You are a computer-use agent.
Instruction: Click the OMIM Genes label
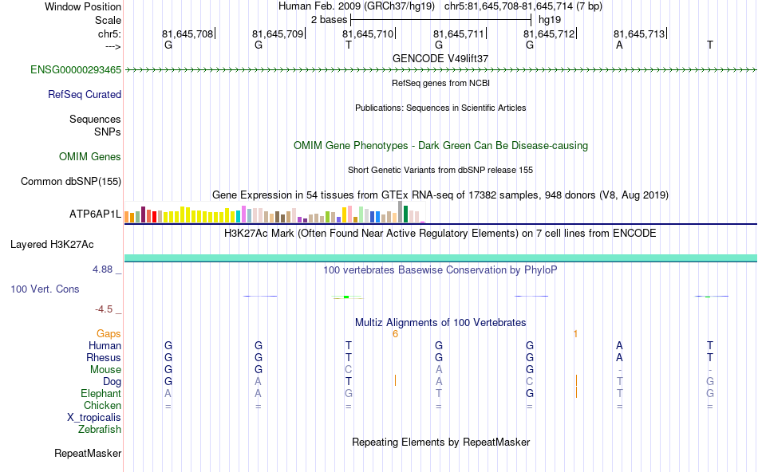90,157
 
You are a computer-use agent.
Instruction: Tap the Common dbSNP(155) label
70,182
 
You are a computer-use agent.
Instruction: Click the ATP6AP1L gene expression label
95,214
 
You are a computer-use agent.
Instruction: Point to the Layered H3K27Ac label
65,245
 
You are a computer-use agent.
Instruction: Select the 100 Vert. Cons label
45,289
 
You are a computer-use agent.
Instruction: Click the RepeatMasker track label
88,454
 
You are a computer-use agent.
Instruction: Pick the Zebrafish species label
100,430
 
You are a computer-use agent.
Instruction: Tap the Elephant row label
101,394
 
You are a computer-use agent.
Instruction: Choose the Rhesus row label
104,358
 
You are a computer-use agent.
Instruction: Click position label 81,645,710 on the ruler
368,34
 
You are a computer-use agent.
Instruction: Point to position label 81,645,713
639,34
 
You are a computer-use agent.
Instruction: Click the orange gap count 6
395,333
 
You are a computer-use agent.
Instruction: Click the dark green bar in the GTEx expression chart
405,214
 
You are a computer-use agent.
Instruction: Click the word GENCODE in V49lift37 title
413,58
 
